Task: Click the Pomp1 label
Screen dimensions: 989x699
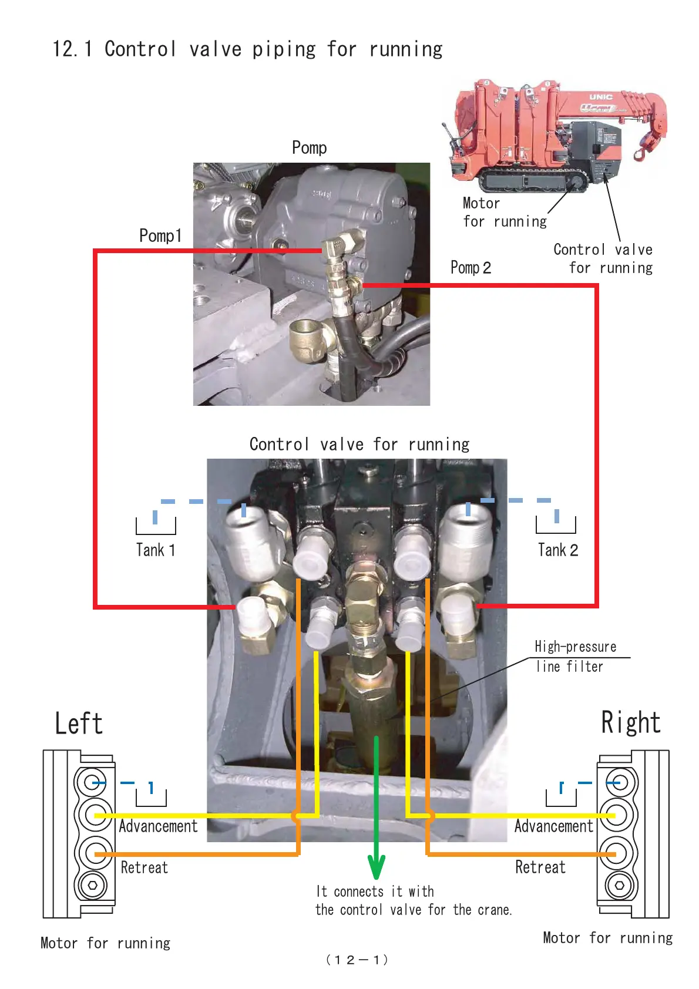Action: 160,236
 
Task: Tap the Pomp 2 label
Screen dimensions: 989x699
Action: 470,268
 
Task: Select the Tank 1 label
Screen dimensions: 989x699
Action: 155,550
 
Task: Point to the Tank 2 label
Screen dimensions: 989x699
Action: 557,550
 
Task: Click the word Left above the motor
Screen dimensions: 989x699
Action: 79,724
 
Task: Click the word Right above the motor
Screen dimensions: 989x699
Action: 631,722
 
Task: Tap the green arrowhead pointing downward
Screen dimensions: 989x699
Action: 376,867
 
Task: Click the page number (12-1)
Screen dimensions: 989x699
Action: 357,960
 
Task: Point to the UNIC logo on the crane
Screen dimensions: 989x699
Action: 601,96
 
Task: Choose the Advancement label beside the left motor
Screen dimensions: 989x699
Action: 158,826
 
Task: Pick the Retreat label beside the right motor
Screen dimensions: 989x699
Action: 540,867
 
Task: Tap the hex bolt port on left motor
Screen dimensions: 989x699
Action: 93,885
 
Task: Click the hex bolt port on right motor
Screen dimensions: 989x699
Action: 619,885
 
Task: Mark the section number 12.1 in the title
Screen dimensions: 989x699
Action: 72,49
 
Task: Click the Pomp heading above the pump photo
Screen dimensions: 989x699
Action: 309,147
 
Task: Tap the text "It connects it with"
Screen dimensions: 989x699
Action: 375,892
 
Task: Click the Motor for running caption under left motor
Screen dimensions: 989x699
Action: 105,943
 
